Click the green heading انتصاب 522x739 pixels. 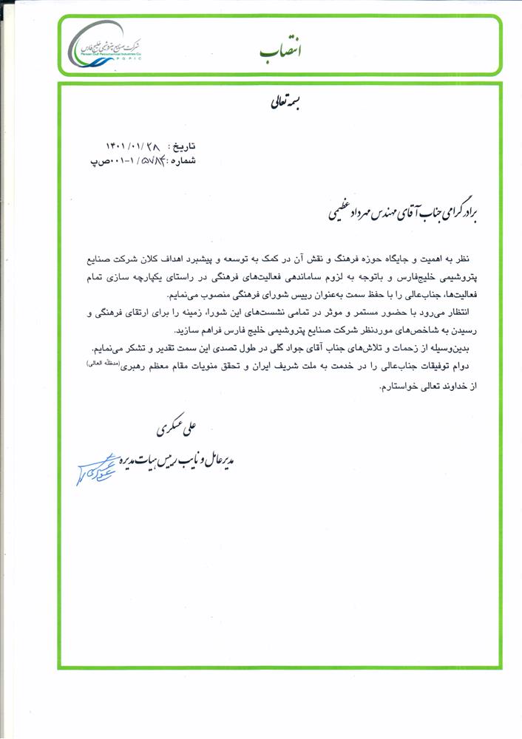pos(281,50)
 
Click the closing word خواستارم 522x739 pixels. pos(401,385)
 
